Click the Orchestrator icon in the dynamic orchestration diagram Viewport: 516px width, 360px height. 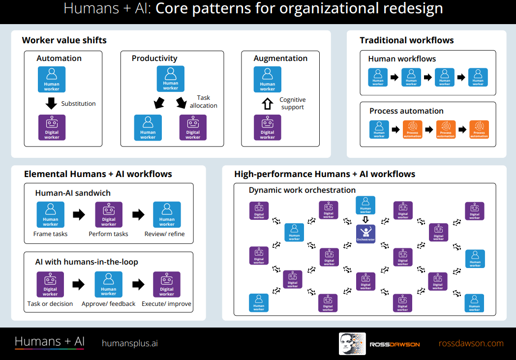(365, 234)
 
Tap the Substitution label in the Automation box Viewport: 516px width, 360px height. (78, 104)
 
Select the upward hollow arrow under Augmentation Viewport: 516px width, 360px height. (267, 104)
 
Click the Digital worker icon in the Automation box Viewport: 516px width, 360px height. (52, 128)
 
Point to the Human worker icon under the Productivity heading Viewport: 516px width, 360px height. (171, 79)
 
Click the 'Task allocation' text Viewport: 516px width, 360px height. (203, 102)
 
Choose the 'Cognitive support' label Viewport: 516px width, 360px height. (293, 103)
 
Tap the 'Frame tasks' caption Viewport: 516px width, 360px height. (50, 234)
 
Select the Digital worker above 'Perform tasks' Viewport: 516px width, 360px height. (109, 214)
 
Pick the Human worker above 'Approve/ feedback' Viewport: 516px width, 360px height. (109, 284)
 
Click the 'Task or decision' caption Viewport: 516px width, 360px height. (50, 304)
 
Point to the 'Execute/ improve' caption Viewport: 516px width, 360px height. (167, 304)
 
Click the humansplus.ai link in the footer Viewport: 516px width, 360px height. (130, 343)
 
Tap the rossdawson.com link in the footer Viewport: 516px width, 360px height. (471, 343)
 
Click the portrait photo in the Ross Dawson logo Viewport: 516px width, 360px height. (351, 344)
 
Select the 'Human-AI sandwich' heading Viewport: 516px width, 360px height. (73, 193)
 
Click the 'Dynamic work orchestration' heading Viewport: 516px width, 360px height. (302, 190)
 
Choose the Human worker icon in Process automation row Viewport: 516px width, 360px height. (379, 129)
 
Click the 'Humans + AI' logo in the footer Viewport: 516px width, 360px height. (50, 342)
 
